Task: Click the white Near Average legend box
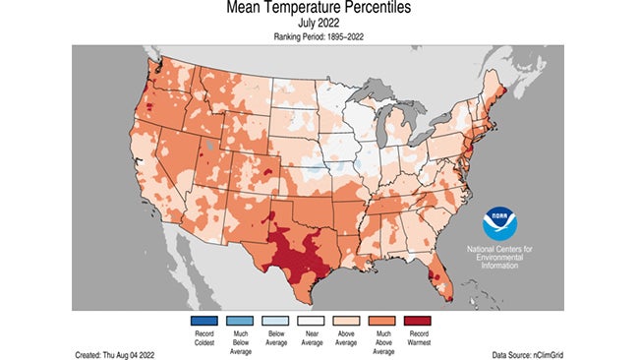coord(319,319)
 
